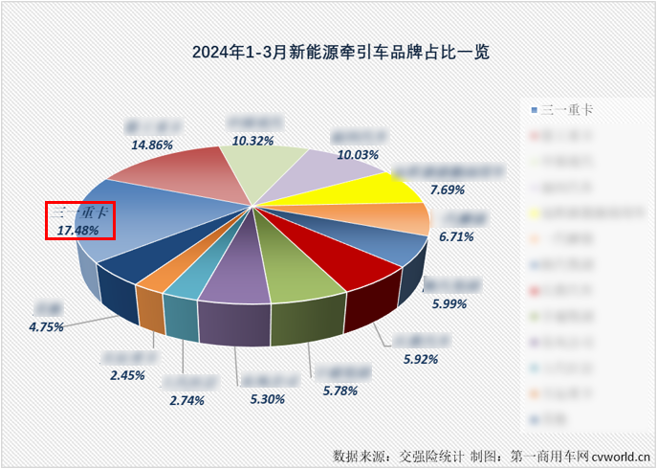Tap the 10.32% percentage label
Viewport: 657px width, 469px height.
pos(252,140)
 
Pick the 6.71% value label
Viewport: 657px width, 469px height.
pos(457,235)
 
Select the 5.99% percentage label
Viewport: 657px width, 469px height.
pos(448,303)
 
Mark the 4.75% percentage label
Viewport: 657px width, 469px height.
pos(46,326)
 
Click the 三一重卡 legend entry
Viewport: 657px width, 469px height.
pos(564,110)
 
